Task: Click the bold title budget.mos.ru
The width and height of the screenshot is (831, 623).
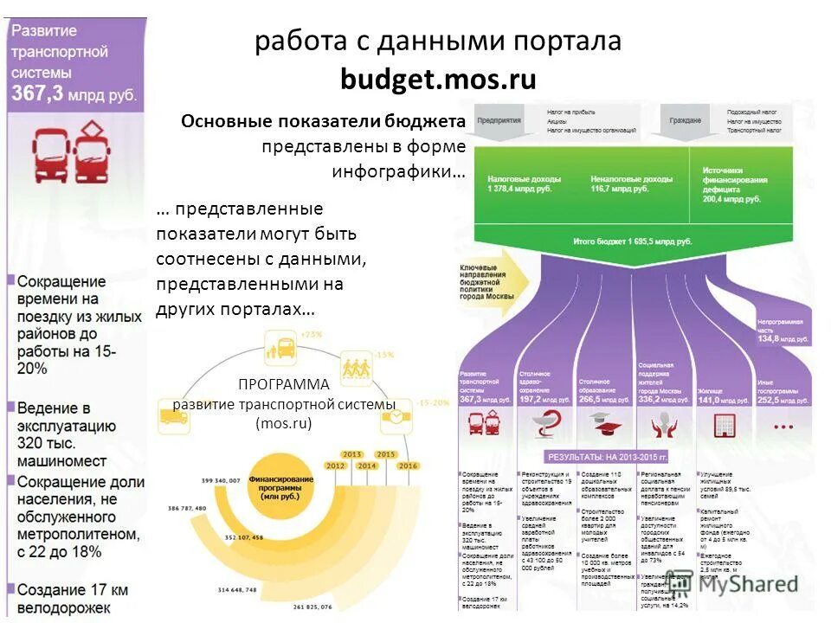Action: coord(438,80)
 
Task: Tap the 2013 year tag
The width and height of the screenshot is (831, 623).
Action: coord(351,454)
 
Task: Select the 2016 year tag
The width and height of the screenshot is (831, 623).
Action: coord(407,466)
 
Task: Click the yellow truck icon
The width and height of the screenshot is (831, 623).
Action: coord(173,417)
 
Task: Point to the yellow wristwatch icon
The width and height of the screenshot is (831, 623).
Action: coord(395,416)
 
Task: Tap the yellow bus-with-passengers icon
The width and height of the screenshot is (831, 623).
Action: coord(283,350)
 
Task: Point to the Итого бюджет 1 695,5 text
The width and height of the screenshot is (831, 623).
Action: coord(633,241)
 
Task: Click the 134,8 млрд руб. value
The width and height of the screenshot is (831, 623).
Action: coord(781,338)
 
